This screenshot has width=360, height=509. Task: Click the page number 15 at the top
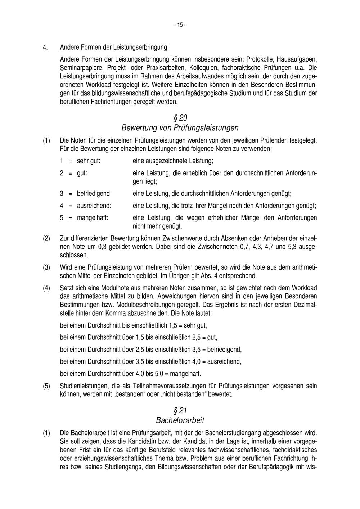point(180,25)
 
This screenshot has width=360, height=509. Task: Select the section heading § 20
point(180,118)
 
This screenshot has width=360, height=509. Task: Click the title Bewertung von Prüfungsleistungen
point(180,128)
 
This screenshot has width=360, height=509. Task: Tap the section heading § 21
point(180,411)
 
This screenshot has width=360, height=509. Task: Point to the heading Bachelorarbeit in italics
point(180,420)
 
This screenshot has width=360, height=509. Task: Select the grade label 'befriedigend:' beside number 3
point(94,194)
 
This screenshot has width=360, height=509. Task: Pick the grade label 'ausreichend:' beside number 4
point(94,206)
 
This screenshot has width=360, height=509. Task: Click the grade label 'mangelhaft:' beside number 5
point(93,218)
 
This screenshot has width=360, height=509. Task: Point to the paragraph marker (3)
point(46,268)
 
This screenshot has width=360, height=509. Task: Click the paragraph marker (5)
point(46,386)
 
